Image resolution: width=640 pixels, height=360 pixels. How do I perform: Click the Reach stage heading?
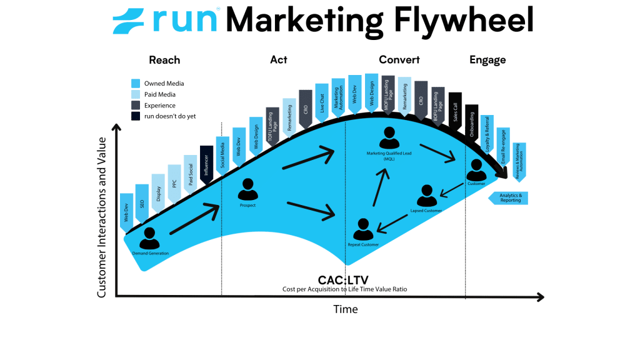[x=164, y=61]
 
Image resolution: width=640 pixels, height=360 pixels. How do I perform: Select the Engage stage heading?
[x=487, y=61]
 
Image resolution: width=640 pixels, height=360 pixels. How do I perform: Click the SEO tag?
[x=142, y=204]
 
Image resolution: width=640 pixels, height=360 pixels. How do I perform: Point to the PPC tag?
[x=174, y=184]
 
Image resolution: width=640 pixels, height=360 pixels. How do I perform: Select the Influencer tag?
[x=207, y=165]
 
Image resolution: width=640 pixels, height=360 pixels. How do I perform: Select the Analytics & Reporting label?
[x=509, y=198]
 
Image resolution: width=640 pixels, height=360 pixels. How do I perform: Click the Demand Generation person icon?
[x=149, y=238]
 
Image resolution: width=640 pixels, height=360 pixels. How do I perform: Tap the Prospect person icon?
[x=248, y=190]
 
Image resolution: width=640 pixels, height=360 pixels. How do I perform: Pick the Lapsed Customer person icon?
[x=426, y=196]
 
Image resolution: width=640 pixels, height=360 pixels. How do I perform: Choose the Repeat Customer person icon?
[x=363, y=229]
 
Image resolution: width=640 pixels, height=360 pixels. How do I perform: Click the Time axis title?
[x=346, y=309]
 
